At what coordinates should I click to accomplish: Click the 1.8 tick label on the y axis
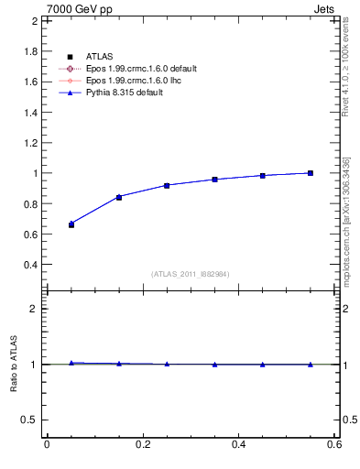click(x=29, y=51)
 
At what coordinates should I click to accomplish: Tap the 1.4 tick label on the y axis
click(x=29, y=112)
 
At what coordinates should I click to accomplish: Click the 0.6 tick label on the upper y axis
click(x=29, y=234)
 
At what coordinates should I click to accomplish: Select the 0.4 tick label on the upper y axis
click(x=29, y=265)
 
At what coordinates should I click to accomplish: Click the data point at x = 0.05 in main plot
click(x=71, y=224)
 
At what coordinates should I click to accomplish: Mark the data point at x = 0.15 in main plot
click(x=119, y=197)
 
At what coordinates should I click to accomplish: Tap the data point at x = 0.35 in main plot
click(x=214, y=180)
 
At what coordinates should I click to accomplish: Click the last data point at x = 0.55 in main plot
click(x=311, y=173)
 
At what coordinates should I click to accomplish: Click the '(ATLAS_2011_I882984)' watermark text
click(x=190, y=274)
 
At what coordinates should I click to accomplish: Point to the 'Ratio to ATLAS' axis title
click(x=13, y=364)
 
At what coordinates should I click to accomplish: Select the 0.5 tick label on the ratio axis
click(x=29, y=420)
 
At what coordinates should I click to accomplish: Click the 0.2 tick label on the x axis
click(x=142, y=444)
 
